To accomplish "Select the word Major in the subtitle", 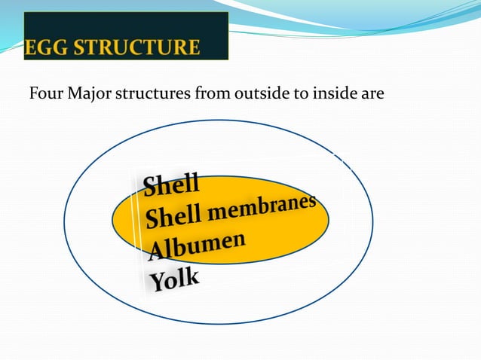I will coord(90,96).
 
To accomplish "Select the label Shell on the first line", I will coord(171,183).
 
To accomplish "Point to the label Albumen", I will coord(198,246).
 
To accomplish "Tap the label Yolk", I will coord(175,279).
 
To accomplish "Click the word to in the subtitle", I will coord(296,96).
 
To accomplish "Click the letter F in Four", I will coord(33,96).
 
